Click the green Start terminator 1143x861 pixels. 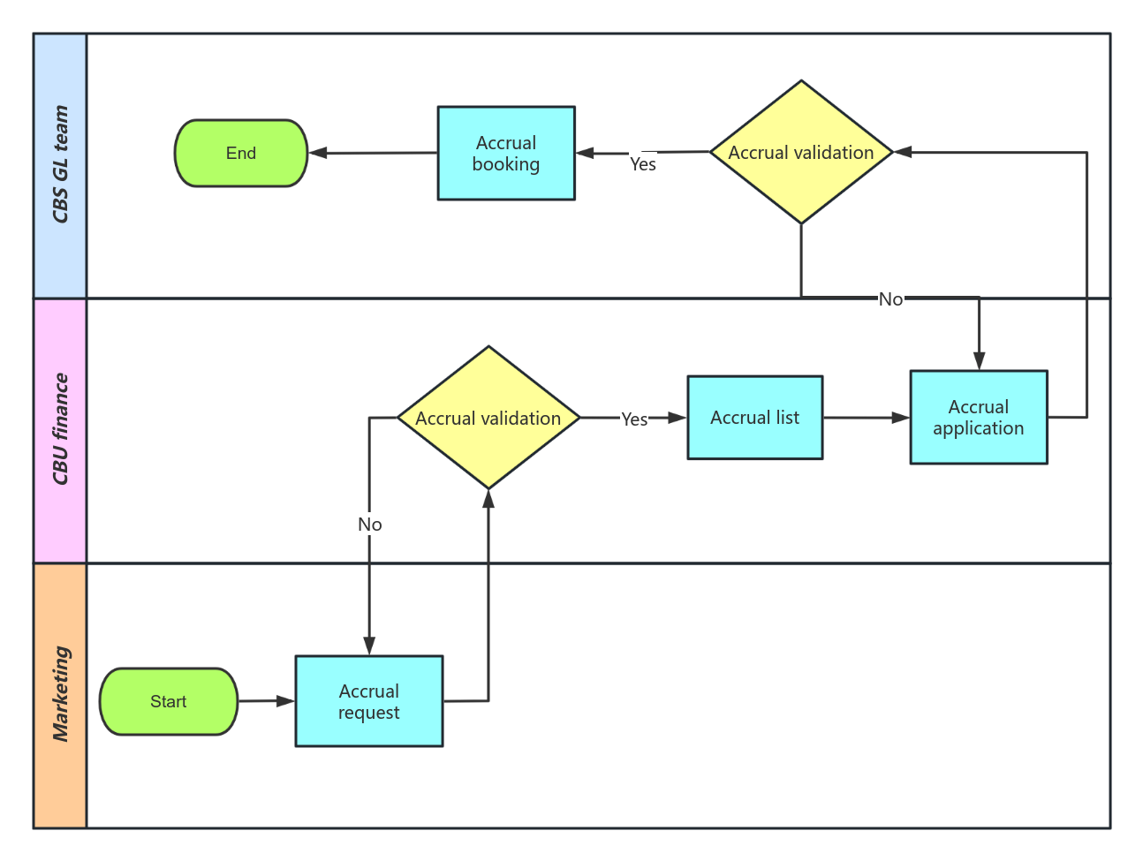(168, 701)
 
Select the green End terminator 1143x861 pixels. (240, 153)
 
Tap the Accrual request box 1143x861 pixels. (368, 701)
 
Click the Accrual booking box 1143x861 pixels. (506, 153)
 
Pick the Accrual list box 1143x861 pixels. (754, 418)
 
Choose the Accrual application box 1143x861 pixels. (978, 417)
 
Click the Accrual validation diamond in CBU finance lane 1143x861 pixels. (488, 418)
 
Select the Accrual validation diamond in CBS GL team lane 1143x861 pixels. (800, 152)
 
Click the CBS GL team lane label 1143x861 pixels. (60, 165)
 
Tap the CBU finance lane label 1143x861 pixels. (60, 430)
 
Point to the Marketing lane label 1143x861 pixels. (60, 695)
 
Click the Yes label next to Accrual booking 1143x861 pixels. (642, 164)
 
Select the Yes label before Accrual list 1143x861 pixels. (634, 419)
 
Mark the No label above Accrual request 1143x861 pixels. (369, 525)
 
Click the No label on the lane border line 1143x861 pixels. (890, 299)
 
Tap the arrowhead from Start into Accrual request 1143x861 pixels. (285, 701)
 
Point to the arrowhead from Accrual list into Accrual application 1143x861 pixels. (900, 418)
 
